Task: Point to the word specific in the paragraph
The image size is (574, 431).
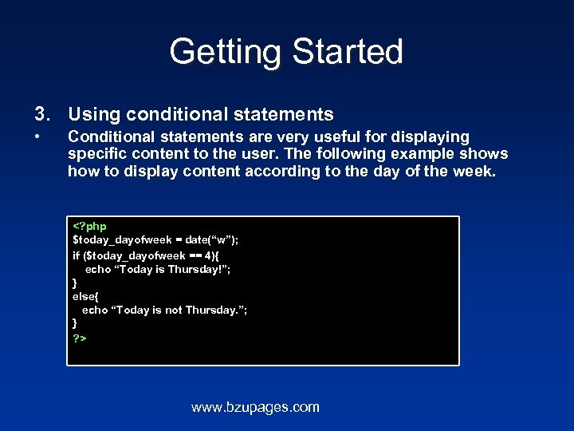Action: (96, 154)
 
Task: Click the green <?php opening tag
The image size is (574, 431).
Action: (89, 227)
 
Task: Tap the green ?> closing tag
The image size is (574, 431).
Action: (80, 338)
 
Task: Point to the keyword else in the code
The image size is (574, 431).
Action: (85, 296)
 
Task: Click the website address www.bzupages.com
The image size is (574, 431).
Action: (255, 408)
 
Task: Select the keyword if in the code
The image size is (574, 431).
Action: (76, 255)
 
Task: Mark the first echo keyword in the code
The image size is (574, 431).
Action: (98, 269)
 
